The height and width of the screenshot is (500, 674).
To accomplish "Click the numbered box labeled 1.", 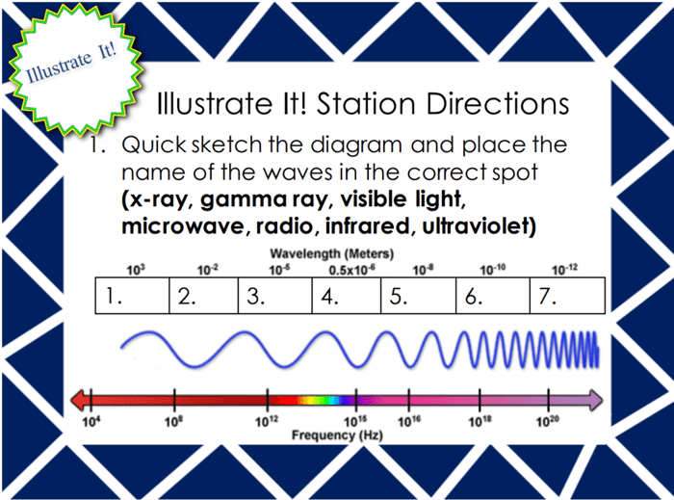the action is [133, 296].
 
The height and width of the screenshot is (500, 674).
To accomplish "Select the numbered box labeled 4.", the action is [347, 296].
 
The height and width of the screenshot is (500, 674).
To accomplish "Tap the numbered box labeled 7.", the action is [567, 296].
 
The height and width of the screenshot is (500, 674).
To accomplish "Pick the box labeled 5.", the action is [418, 296].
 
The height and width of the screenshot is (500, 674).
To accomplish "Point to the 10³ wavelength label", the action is [136, 270].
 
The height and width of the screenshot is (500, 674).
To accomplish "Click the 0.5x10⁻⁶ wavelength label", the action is [351, 270].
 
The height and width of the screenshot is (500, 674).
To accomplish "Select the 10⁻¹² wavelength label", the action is [564, 270].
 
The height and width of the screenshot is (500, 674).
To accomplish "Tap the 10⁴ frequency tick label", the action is [91, 422].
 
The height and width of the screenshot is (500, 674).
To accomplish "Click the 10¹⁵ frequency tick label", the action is [355, 422].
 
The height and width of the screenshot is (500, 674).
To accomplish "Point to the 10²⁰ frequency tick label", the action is [547, 422].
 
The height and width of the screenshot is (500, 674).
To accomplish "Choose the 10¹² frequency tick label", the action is [267, 422].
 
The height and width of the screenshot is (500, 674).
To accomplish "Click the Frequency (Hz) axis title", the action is [337, 435].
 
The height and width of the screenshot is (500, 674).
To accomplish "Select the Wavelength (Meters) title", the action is [332, 253].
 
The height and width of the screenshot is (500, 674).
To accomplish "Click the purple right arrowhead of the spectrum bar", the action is [596, 400].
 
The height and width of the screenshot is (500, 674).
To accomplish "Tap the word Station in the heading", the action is [366, 104].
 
